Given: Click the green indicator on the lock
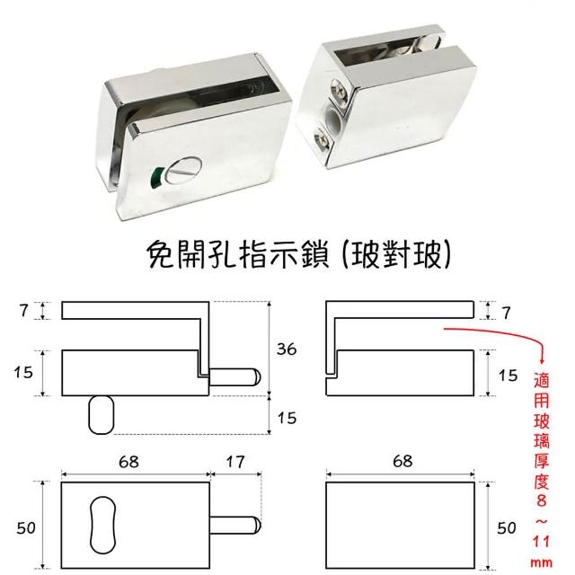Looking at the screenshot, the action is tap(157, 176).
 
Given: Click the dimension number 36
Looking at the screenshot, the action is tap(287, 349).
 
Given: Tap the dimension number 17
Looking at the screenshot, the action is tap(235, 462).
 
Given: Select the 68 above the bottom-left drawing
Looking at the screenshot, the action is tap(129, 462).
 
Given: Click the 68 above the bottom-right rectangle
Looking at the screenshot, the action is tap(402, 461).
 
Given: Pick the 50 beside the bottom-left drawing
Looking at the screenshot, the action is tap(26, 528).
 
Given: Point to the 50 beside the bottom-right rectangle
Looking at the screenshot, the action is tap(507, 528).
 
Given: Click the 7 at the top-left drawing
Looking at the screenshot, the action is tap(24, 311).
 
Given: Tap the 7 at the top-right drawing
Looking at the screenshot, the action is tap(507, 313).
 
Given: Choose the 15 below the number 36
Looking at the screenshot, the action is tap(287, 418).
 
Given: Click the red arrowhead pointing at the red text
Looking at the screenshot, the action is tap(543, 361).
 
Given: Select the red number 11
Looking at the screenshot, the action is tap(542, 541).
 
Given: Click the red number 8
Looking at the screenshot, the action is tap(542, 500).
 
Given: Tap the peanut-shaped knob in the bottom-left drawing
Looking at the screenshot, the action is tap(103, 525).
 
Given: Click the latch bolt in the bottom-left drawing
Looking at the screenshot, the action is tap(234, 525).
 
